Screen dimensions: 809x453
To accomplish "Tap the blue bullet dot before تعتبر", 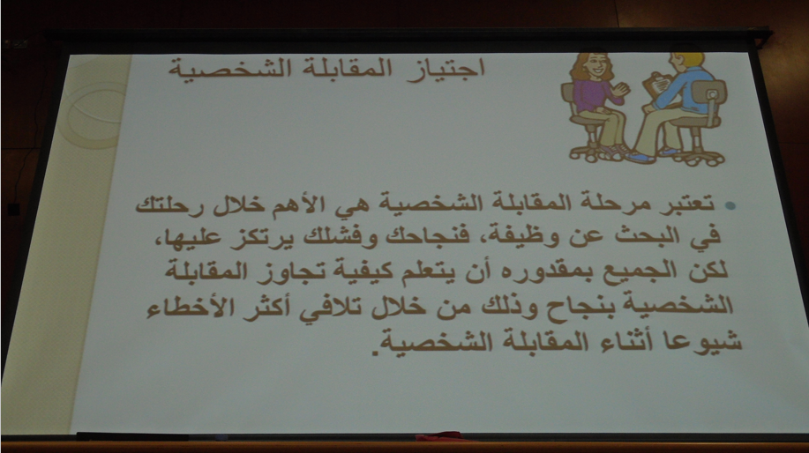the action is (730, 205).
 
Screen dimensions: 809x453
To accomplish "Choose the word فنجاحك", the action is (414, 238).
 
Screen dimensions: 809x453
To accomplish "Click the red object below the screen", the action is (440, 436).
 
